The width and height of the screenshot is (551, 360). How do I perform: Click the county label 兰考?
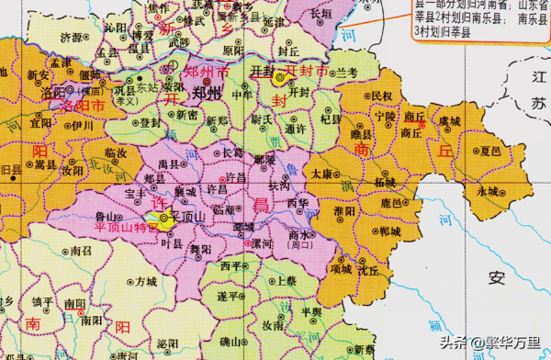343,72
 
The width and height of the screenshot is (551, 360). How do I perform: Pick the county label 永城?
488,191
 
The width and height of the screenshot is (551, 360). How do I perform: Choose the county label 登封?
152,121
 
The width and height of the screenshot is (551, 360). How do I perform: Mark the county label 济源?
70,39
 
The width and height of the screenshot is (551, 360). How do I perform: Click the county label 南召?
82,249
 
